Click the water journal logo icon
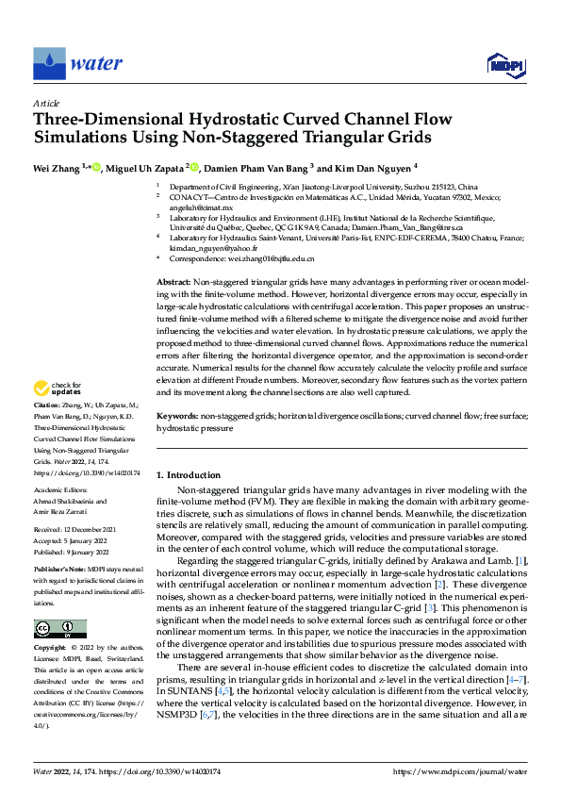(x=50, y=62)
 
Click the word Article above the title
(x=46, y=103)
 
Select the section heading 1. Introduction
(x=188, y=475)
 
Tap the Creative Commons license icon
(x=59, y=628)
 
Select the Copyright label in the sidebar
(x=50, y=648)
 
